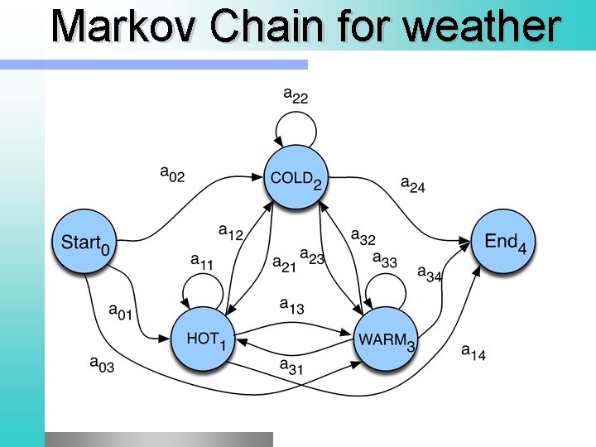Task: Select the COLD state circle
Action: tap(296, 177)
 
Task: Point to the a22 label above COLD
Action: tap(296, 95)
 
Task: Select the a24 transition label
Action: tap(412, 184)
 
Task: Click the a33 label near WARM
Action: tap(385, 260)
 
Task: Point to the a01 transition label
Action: tap(121, 311)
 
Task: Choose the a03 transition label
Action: tap(102, 363)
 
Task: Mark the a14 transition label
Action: tap(473, 352)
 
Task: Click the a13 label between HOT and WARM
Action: tap(291, 306)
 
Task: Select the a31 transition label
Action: tap(291, 365)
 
